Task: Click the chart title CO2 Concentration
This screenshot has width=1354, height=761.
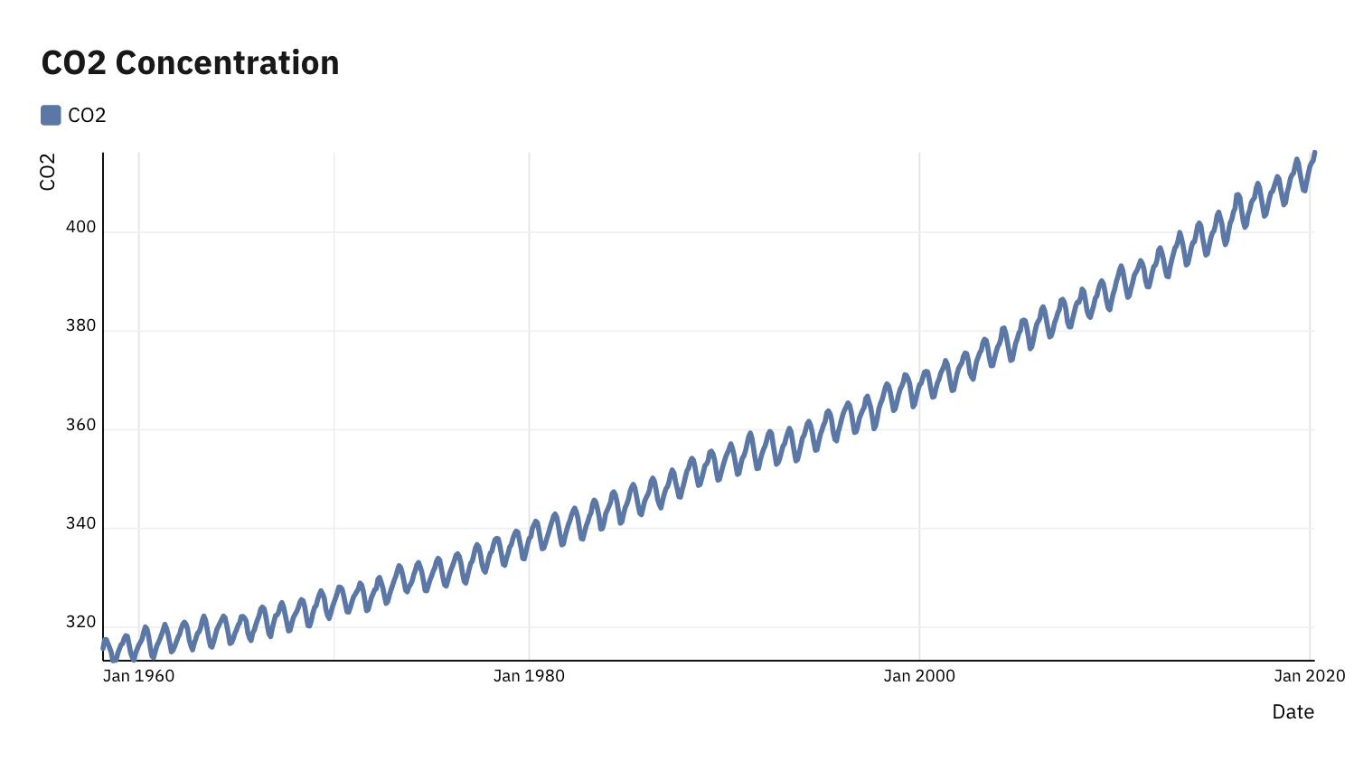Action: (x=190, y=63)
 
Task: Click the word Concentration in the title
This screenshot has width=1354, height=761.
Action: (x=227, y=63)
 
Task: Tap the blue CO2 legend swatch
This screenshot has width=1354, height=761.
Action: (x=51, y=115)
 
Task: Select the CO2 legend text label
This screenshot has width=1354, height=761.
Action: (x=87, y=116)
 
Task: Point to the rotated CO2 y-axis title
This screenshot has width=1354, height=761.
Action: (x=48, y=172)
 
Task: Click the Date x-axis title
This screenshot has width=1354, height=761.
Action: (x=1293, y=712)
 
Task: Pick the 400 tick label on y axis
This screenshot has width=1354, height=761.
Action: (x=80, y=227)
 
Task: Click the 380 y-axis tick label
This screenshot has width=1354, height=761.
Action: (x=80, y=325)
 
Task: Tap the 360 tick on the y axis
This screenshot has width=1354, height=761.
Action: (x=80, y=425)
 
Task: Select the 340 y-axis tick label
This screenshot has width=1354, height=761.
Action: (x=80, y=523)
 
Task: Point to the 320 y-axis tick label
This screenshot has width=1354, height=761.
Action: (x=80, y=622)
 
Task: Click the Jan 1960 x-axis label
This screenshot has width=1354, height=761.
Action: (x=138, y=676)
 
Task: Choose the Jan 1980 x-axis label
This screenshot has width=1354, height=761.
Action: (x=529, y=676)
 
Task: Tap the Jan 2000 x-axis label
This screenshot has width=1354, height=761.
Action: (x=919, y=676)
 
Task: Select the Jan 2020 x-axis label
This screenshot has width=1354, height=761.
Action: (x=1309, y=676)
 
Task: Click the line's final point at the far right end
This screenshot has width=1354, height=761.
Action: (x=1314, y=154)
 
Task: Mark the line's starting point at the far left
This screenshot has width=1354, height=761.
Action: (x=103, y=647)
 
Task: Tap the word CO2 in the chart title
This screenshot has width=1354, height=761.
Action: (x=74, y=63)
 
